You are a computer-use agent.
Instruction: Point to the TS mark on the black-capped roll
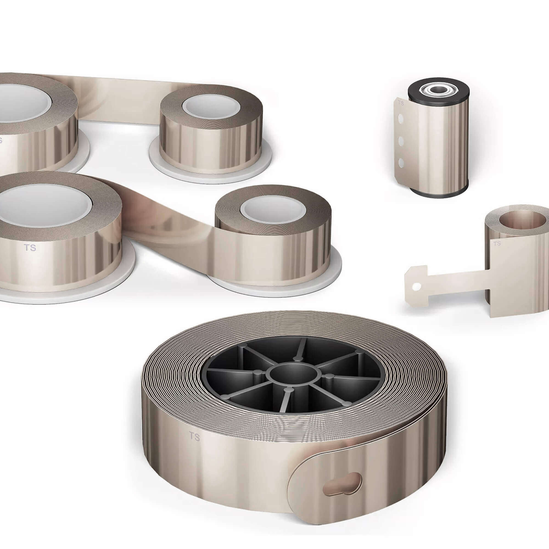click(401, 103)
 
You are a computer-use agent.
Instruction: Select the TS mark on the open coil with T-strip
click(497, 243)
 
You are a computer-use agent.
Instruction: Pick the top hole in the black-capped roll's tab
click(401, 118)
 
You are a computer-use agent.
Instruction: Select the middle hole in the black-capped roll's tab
click(401, 140)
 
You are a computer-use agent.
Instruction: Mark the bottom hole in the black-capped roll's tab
click(401, 163)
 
